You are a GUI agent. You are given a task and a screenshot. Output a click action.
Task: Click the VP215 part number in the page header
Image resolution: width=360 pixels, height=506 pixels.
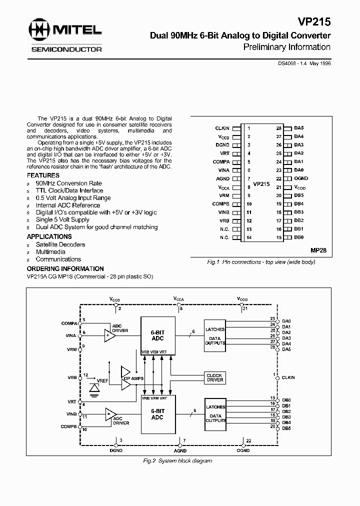[314, 22]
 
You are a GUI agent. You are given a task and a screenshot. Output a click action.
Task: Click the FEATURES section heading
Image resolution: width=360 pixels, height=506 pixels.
[43, 176]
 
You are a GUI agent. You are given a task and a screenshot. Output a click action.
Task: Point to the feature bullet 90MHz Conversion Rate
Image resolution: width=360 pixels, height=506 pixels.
[68, 183]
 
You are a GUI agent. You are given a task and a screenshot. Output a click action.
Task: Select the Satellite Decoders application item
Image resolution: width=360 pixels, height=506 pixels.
[60, 244]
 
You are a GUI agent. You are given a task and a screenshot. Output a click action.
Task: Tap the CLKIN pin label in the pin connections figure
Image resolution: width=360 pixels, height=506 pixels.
[222, 128]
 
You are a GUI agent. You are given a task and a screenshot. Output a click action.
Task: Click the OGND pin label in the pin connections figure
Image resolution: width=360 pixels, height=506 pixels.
[301, 178]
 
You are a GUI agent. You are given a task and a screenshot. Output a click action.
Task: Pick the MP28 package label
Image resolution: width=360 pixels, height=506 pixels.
[318, 249]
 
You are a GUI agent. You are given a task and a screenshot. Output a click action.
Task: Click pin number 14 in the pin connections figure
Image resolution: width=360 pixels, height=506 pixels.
[249, 237]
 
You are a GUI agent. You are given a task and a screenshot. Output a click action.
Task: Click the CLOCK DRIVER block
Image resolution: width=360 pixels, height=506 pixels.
[214, 378]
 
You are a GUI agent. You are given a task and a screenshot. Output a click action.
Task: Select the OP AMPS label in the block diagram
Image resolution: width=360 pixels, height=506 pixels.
[133, 378]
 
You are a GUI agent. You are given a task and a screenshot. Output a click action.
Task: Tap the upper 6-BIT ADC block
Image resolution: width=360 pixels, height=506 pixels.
[157, 335]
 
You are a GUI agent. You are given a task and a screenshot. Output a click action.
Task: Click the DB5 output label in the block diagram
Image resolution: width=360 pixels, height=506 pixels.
[286, 428]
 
